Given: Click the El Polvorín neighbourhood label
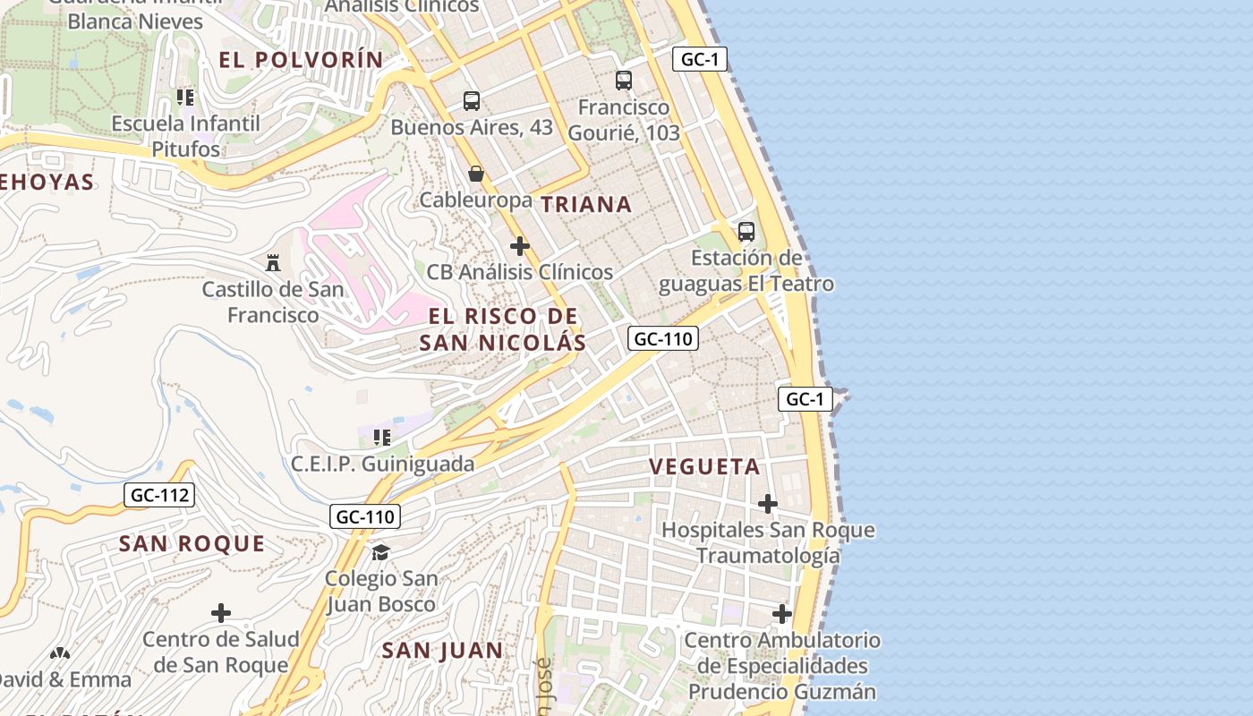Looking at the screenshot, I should point(301,60).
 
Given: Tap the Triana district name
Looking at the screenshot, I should point(586,204).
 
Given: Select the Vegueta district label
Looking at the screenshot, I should point(704,466).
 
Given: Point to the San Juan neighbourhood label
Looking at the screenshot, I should point(442,650).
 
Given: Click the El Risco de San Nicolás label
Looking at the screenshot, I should point(502,328).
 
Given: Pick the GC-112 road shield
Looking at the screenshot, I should point(159,495).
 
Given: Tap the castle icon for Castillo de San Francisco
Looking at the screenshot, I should point(273,263).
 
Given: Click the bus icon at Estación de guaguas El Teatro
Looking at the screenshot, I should point(746,232).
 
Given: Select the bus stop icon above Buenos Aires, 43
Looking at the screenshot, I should point(472,101).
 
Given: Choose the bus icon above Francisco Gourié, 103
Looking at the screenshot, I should point(624,81).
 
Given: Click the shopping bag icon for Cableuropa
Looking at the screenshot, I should point(476,174).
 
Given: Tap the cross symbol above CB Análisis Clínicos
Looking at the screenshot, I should point(519,246).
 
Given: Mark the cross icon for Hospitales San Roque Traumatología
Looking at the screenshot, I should point(768,504).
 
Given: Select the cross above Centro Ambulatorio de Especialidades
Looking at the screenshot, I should point(782,614).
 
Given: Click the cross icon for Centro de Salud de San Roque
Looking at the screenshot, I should point(220,613).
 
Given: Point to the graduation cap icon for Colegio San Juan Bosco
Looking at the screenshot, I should point(381,551).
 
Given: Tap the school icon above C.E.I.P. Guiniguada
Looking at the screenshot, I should point(382,438).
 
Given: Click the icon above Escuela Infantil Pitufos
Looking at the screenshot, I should point(185,97).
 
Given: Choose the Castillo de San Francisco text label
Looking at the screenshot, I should point(272,302).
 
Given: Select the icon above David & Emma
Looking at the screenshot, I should point(60,654).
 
